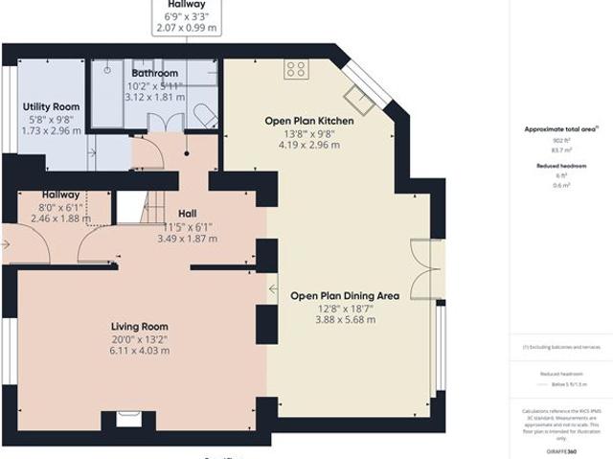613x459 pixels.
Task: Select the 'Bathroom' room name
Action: point(154,73)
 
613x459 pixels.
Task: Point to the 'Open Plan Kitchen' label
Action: point(309,122)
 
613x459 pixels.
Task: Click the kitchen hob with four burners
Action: point(295,68)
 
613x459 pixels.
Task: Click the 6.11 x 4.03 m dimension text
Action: point(139,351)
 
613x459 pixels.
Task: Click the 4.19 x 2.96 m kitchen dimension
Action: point(309,146)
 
